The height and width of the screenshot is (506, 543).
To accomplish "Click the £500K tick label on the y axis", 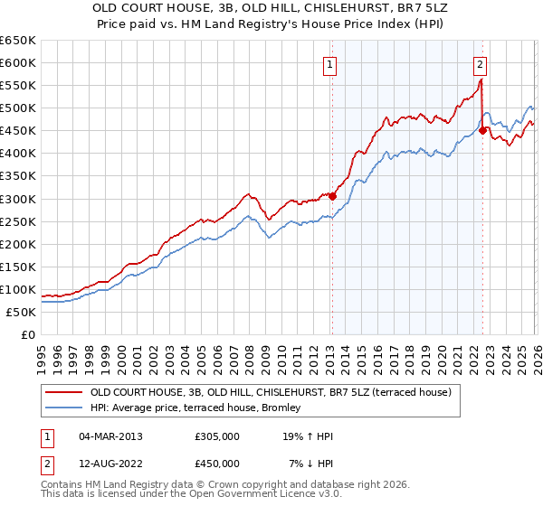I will [18, 108].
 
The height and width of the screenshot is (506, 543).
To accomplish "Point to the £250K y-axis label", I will [18, 221].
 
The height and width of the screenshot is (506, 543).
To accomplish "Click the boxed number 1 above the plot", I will [330, 64].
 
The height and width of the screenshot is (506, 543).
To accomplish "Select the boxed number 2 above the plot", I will [480, 64].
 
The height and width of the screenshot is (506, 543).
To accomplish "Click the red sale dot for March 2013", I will [332, 196].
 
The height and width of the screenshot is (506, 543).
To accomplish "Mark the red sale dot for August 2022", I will [482, 130].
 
